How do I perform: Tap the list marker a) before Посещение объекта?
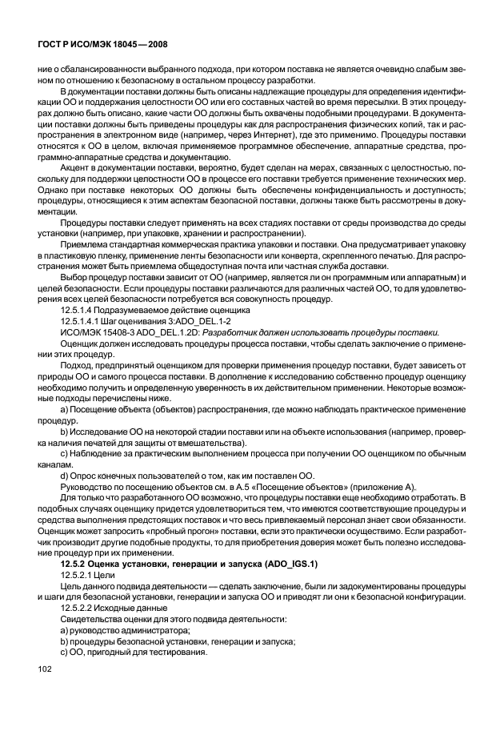click(64, 418)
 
